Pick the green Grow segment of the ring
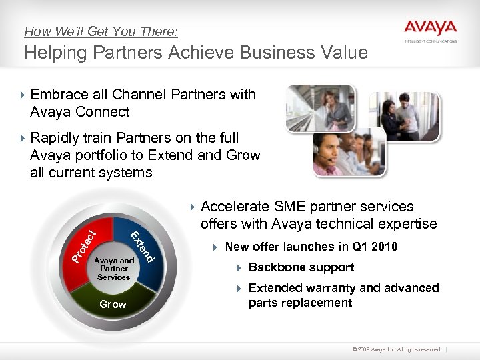(x=113, y=303)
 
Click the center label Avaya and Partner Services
(x=114, y=269)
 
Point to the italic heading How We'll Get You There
(x=101, y=31)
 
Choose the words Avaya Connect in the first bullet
(x=80, y=111)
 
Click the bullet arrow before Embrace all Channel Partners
(x=23, y=95)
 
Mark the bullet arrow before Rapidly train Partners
(x=23, y=138)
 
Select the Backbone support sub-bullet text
(x=301, y=267)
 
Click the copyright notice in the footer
(x=392, y=349)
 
